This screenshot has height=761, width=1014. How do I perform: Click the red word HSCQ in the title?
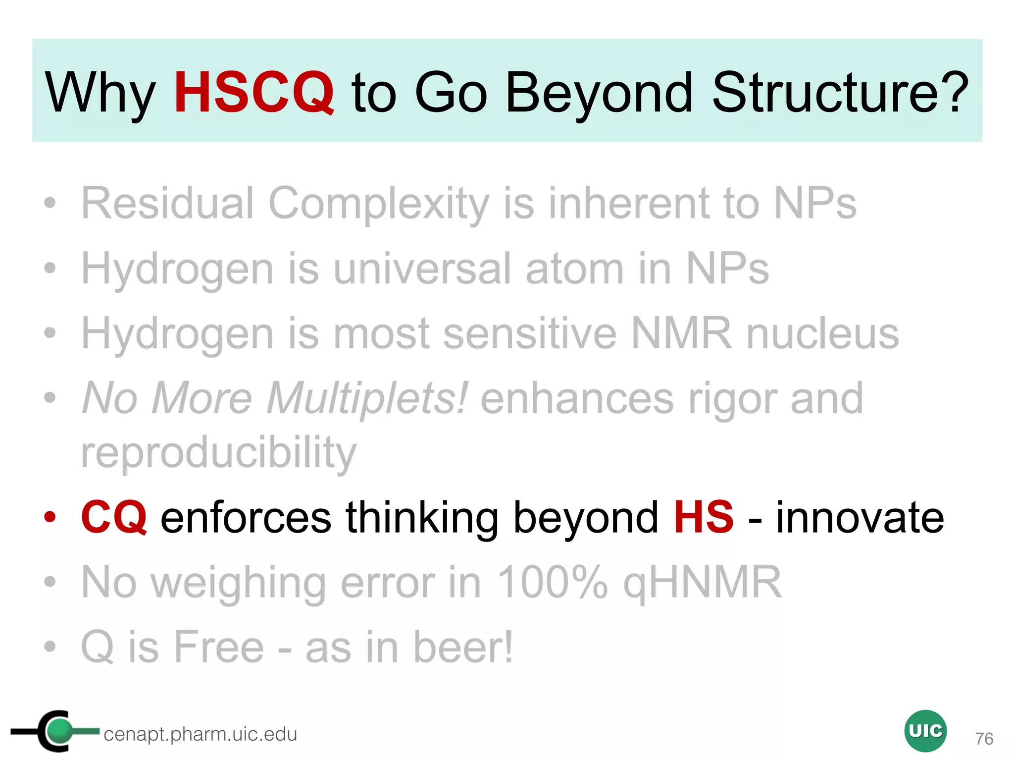point(253,92)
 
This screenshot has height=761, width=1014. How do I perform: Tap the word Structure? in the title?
point(840,92)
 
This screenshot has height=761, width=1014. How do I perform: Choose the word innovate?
point(860,518)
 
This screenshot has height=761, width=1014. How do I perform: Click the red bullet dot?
point(50,517)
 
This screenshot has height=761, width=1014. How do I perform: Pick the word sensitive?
point(530,333)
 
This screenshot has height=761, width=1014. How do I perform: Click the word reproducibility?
point(218,452)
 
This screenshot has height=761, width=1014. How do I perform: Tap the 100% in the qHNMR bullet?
point(552,582)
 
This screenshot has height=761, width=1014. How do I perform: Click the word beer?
point(463,647)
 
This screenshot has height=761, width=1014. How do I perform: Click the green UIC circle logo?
point(925,731)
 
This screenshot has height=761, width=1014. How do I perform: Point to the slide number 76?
point(984,739)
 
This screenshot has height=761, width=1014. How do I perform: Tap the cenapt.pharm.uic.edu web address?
point(200,734)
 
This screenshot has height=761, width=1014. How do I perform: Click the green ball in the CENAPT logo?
point(60,730)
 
